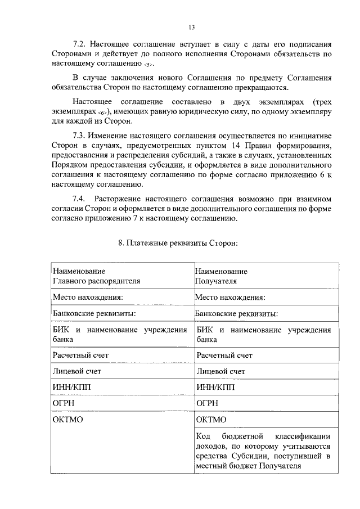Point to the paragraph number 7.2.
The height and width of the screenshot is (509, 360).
pyautogui.click(x=82, y=44)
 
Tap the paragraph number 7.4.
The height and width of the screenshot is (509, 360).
pyautogui.click(x=82, y=199)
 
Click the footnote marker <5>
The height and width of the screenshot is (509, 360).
pyautogui.click(x=148, y=66)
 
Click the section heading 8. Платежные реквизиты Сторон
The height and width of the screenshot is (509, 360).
pyautogui.click(x=178, y=244)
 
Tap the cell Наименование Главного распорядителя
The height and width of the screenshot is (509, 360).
pyautogui.click(x=96, y=276)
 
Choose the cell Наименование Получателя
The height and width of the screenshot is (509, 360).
pyautogui.click(x=221, y=276)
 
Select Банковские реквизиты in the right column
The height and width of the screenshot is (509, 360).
pyautogui.click(x=236, y=314)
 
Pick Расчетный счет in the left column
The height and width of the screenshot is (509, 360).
pyautogui.click(x=80, y=355)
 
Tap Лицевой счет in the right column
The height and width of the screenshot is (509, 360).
pyautogui.click(x=220, y=371)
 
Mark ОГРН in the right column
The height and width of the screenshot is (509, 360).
pyautogui.click(x=207, y=404)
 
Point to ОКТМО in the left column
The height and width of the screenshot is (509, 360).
pyautogui.click(x=68, y=420)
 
